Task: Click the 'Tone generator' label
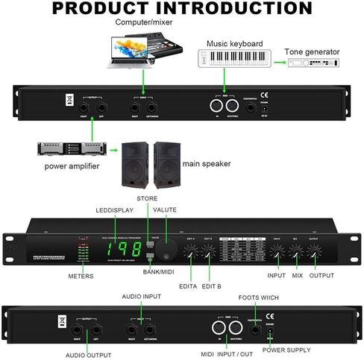pos(312,52)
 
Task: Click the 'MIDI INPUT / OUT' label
pos(226,353)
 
